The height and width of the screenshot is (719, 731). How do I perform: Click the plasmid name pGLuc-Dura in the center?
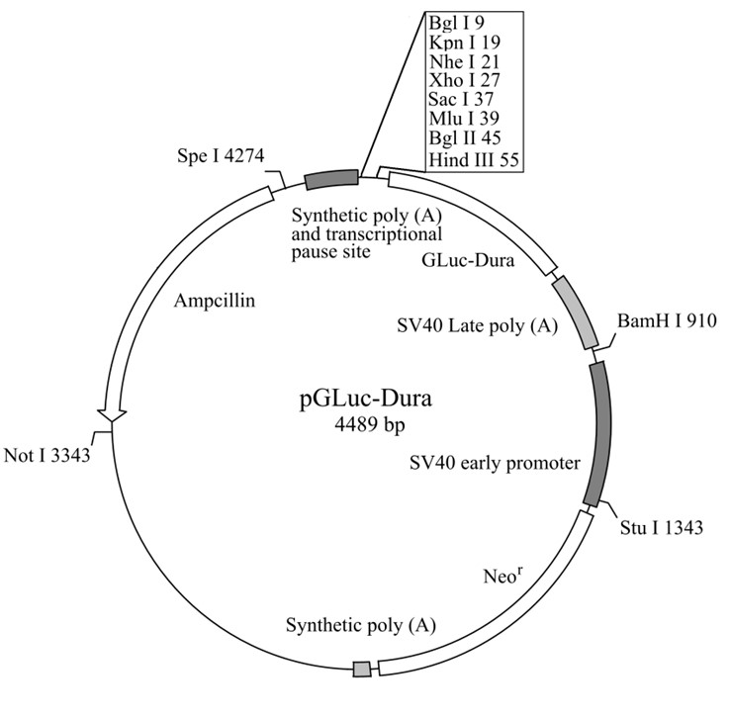tap(366, 399)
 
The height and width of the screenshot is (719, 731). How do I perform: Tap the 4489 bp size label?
tap(369, 424)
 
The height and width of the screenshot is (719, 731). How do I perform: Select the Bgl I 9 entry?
tap(450, 23)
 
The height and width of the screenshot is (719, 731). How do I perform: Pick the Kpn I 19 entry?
tap(465, 43)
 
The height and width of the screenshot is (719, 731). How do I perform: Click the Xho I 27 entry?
tap(464, 80)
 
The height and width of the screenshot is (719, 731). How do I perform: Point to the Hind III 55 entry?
tap(474, 160)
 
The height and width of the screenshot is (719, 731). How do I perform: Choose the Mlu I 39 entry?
tap(464, 119)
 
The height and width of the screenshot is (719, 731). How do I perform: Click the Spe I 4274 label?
tap(221, 155)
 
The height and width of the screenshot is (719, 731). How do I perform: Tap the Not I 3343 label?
tap(46, 455)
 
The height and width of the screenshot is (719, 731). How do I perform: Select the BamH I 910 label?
tap(667, 320)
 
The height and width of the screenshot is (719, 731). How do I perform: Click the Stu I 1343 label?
tap(661, 528)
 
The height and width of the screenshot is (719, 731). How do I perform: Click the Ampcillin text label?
tap(215, 301)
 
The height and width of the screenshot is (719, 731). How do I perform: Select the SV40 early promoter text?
tap(495, 463)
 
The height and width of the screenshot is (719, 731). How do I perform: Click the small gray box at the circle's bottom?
tap(362, 670)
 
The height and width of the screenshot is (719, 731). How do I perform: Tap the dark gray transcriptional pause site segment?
tap(332, 179)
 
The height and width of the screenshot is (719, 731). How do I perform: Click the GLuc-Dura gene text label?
tap(468, 260)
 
